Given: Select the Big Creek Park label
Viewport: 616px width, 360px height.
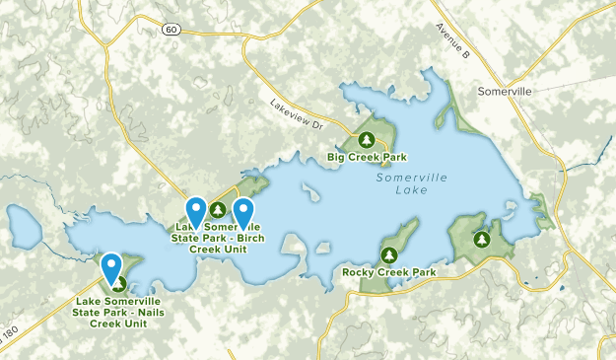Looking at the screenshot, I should click(x=367, y=157).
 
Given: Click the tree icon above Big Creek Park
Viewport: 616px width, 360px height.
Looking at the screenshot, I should click(x=367, y=139).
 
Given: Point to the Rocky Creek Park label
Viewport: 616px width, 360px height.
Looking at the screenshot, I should click(x=389, y=272).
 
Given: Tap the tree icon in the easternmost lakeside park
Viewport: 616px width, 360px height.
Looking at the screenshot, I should click(x=482, y=239).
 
